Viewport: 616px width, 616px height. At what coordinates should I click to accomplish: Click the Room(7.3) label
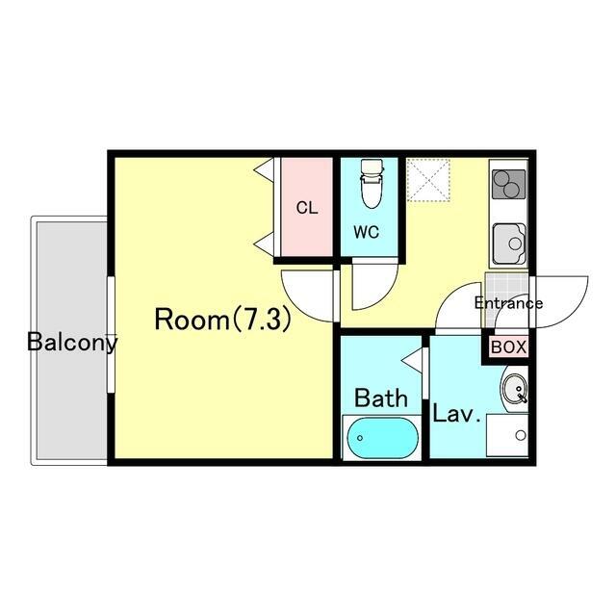pyautogui.click(x=223, y=319)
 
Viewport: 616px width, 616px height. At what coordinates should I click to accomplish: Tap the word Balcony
pyautogui.click(x=72, y=343)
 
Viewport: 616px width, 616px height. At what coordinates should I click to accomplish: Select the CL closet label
pyautogui.click(x=307, y=208)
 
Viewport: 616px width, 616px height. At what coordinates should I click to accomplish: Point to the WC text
pyautogui.click(x=367, y=232)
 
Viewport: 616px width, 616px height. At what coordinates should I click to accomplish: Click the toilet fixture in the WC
pyautogui.click(x=372, y=184)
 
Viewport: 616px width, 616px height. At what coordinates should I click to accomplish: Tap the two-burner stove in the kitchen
pyautogui.click(x=509, y=184)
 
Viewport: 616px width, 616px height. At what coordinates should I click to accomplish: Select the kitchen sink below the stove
pyautogui.click(x=509, y=244)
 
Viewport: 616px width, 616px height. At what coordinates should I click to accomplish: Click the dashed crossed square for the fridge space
pyautogui.click(x=428, y=180)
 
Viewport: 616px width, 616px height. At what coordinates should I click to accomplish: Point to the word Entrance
pyautogui.click(x=509, y=303)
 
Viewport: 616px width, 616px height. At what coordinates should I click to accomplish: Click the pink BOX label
pyautogui.click(x=508, y=347)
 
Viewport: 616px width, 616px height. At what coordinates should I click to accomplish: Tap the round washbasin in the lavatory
pyautogui.click(x=515, y=389)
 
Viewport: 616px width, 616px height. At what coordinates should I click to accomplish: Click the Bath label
pyautogui.click(x=381, y=398)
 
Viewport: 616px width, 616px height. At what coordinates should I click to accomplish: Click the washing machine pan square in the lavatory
pyautogui.click(x=507, y=435)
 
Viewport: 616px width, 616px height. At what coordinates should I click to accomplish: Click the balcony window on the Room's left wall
pyautogui.click(x=111, y=335)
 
